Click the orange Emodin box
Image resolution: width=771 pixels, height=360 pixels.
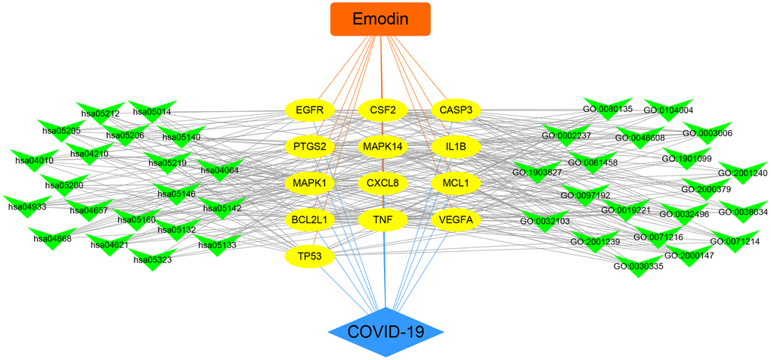(380, 19)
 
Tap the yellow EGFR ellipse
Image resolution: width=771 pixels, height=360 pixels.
(310, 110)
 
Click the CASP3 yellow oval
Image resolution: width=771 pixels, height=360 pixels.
(456, 110)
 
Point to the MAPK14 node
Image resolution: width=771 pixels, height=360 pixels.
(383, 146)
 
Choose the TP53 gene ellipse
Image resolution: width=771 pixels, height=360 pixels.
(310, 257)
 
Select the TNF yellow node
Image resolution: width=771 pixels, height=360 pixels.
(383, 220)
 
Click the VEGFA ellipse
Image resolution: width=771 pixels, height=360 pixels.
(456, 220)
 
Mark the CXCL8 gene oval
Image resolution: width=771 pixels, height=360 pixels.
(383, 183)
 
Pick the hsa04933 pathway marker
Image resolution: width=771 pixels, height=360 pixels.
(26, 205)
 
